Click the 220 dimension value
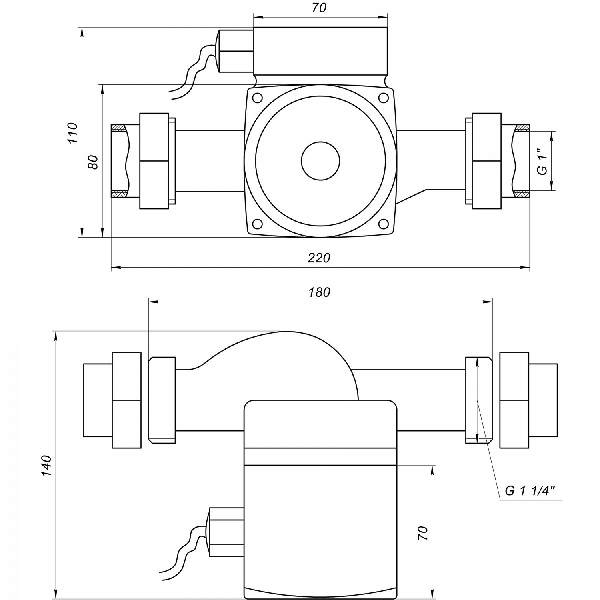pos(319,258)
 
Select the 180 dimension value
pos(320,292)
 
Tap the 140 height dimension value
pos(46,465)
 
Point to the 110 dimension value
pos(72,133)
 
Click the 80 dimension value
pos(93,162)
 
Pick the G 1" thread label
pos(542,162)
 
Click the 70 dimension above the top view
pos(319,8)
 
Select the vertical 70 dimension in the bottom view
pos(423,533)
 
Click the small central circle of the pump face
pos(320,161)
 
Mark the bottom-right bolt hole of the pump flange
pos(383,223)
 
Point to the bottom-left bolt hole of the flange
pos(257,223)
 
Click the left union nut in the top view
pos(154,161)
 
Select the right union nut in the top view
pos(486,161)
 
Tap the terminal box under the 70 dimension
pos(320,51)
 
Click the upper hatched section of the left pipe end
pos(118,128)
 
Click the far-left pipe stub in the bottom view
pos(97,400)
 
